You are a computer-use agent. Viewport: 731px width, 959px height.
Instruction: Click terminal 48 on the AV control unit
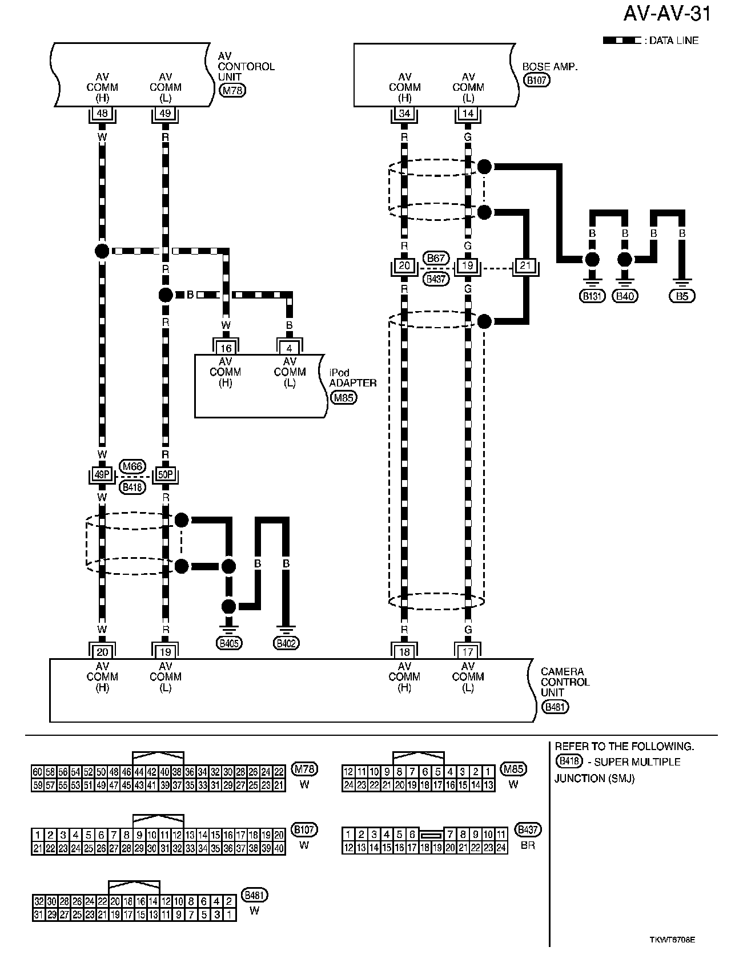(x=102, y=114)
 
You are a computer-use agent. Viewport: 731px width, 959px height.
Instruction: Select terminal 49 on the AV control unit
(x=165, y=114)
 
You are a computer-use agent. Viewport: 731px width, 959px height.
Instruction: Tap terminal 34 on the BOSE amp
(x=404, y=114)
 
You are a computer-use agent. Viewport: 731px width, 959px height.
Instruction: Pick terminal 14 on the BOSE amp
(x=468, y=114)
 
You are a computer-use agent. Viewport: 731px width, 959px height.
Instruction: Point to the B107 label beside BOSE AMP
(x=536, y=80)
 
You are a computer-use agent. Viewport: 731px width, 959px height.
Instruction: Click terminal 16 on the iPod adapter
(x=226, y=348)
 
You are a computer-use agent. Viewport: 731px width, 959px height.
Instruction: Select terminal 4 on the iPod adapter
(x=290, y=348)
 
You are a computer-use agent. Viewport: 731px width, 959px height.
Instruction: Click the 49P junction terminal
(x=102, y=475)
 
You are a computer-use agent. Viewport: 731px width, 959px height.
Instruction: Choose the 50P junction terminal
(x=166, y=475)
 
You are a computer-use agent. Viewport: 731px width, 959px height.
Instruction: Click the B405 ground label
(x=229, y=643)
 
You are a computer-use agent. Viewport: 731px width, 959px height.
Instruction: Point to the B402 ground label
(x=287, y=643)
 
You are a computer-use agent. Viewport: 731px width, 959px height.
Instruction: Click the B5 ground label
(x=682, y=296)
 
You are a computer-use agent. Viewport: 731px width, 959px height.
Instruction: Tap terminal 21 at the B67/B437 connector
(x=524, y=266)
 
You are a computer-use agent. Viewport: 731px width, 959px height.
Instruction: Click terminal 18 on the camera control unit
(x=404, y=651)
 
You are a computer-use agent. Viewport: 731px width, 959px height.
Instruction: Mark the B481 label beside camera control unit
(x=555, y=707)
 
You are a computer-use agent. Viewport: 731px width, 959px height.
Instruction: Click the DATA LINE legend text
(x=674, y=41)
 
